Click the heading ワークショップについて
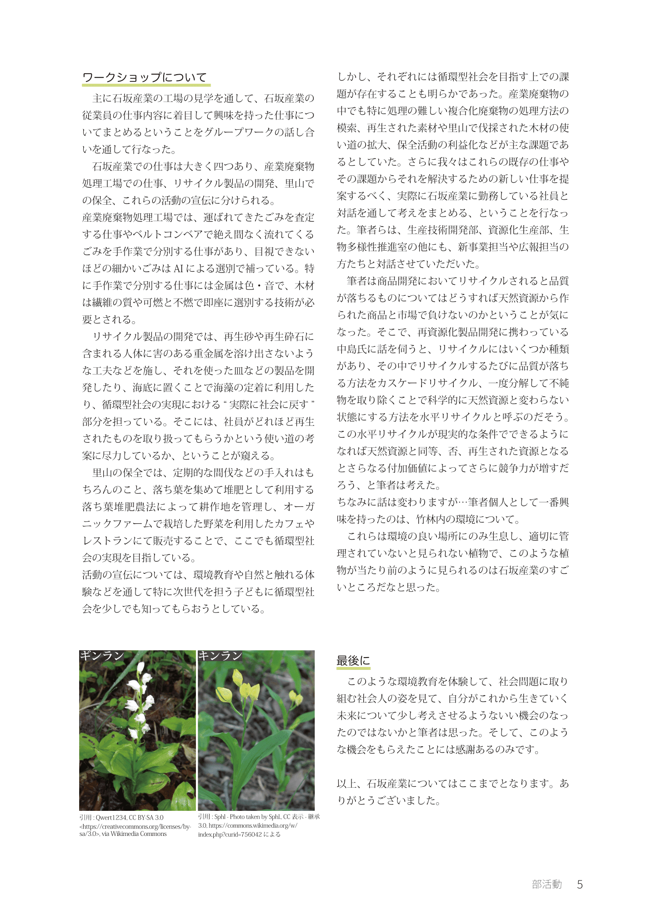[x=145, y=77]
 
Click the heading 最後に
[x=353, y=660]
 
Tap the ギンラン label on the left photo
[x=102, y=655]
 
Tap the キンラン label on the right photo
[x=220, y=655]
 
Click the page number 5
[x=580, y=884]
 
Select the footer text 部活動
[x=547, y=884]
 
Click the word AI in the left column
[x=178, y=268]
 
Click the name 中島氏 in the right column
[x=351, y=349]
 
